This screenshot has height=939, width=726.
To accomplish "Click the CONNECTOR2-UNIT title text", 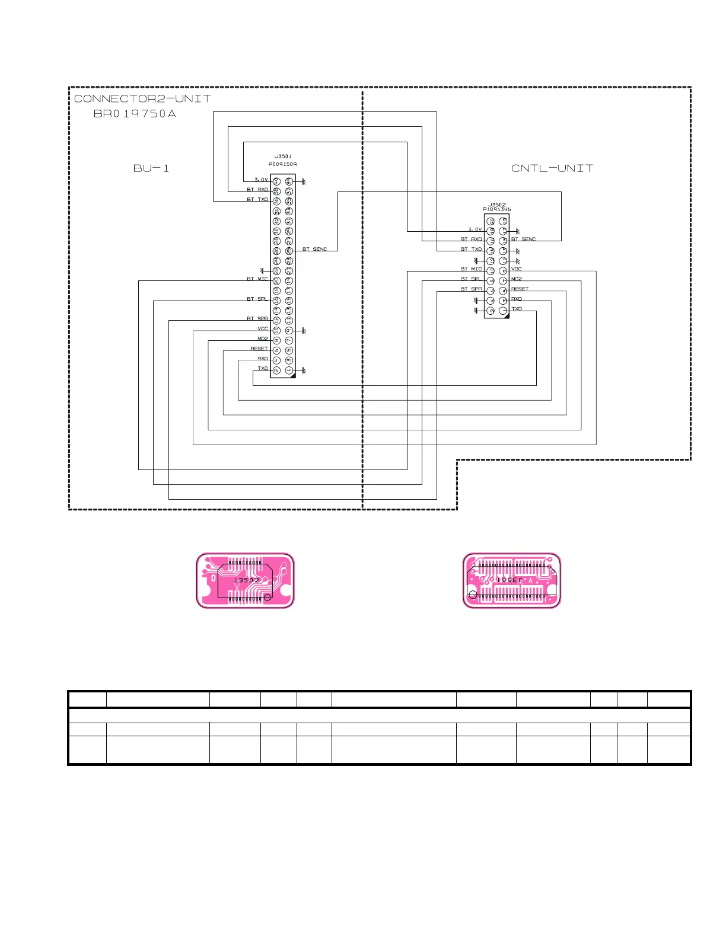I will (142, 98).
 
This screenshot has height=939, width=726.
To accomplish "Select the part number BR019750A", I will (135, 114).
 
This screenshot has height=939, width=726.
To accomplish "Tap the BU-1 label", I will (151, 168).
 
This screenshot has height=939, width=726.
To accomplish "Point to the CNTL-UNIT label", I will (552, 168).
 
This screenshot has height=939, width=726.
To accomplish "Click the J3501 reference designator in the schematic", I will (283, 156).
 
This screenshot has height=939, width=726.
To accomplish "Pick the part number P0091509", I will (283, 164).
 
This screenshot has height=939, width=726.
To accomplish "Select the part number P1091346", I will (497, 210).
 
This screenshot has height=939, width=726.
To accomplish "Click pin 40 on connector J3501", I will (276, 181).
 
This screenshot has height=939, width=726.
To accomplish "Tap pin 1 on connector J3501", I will (289, 371).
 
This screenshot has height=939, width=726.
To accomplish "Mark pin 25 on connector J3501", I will (289, 251).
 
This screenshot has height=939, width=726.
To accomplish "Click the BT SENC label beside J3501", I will (315, 250).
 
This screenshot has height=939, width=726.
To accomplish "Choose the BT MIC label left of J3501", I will (257, 279).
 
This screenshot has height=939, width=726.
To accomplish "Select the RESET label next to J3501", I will (259, 349).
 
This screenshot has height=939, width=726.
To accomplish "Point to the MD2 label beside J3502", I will (517, 279).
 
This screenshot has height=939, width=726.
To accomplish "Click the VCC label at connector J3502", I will (517, 269).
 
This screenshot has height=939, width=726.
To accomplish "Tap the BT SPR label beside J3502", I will (472, 289).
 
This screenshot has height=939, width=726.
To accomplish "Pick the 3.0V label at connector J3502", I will (475, 229).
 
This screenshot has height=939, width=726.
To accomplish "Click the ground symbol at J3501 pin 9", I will (304, 330).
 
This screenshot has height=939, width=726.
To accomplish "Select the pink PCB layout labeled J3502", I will (245, 580).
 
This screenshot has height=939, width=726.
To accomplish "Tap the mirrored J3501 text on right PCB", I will (509, 580).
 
